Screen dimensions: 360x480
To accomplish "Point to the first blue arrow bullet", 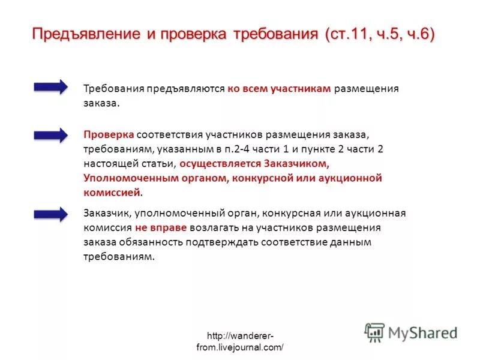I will tap(51, 88).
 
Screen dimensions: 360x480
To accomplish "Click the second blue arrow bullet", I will tap(51, 135).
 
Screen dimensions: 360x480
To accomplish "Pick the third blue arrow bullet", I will tap(51, 214).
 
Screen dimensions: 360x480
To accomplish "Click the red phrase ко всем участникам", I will tap(279, 88).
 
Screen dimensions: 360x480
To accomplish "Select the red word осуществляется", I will tap(219, 163).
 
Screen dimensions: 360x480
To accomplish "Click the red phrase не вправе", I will tap(161, 228).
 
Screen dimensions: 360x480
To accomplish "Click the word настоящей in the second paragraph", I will tap(109, 163).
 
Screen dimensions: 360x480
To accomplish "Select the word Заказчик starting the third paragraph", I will tap(107, 214).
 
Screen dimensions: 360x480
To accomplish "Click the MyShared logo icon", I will tap(374, 332).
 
